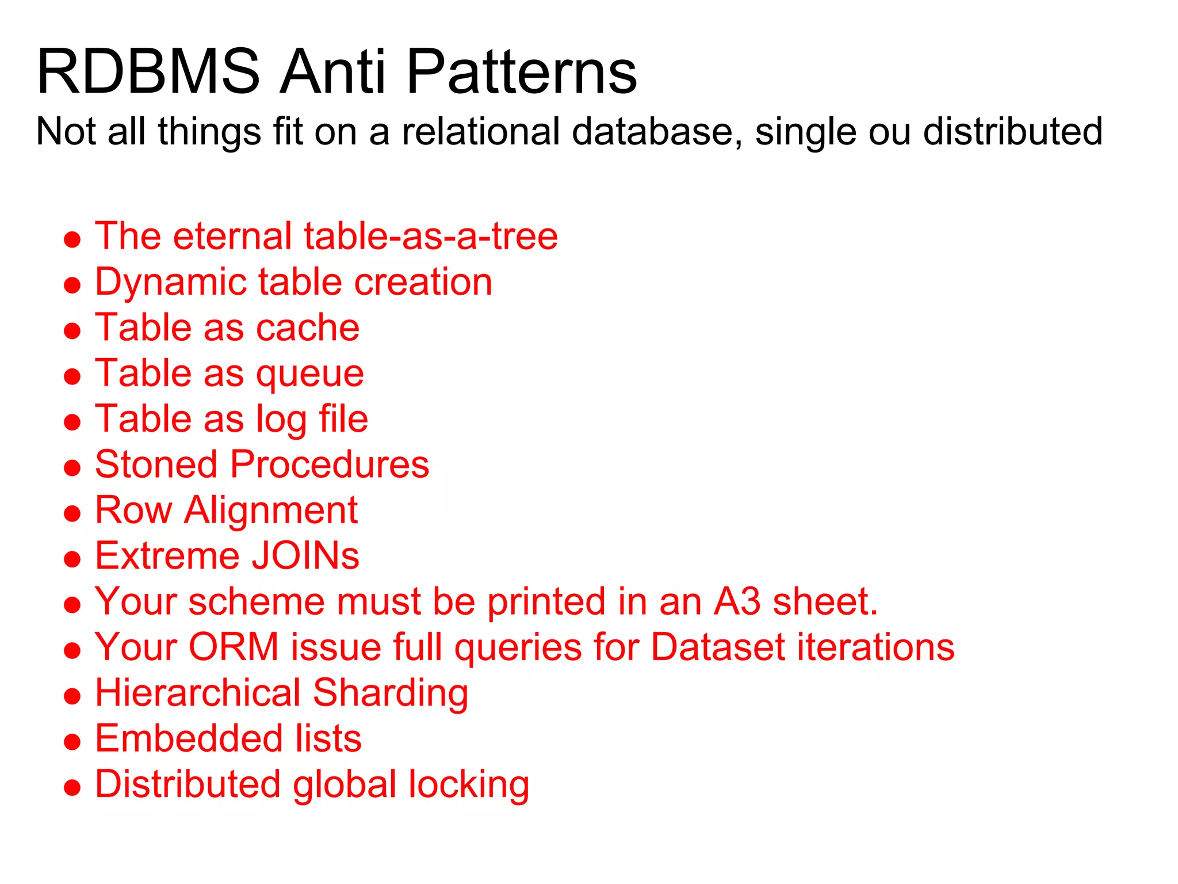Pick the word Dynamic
point(170,283)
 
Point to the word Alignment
point(270,510)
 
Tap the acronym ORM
point(234,647)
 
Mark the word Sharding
point(391,693)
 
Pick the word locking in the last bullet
point(468,785)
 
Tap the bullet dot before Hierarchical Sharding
point(72,696)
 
